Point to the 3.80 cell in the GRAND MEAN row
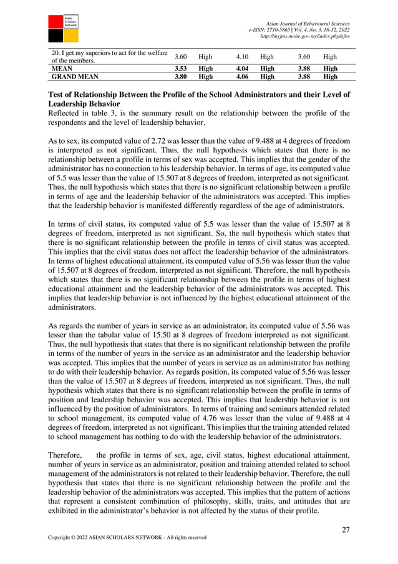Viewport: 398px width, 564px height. point(181,76)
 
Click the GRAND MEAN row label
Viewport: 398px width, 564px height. point(72,76)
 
